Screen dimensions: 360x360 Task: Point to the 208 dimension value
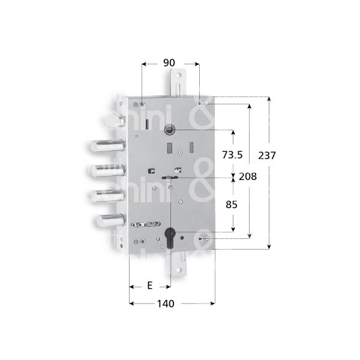[x=247, y=176]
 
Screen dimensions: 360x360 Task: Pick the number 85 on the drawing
[x=231, y=205]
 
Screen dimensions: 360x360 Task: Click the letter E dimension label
[x=149, y=286]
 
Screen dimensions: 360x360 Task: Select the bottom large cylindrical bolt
[x=110, y=220]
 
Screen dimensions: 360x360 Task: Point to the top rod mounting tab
[x=177, y=82]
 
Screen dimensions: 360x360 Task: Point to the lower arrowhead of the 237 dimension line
[x=269, y=245]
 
